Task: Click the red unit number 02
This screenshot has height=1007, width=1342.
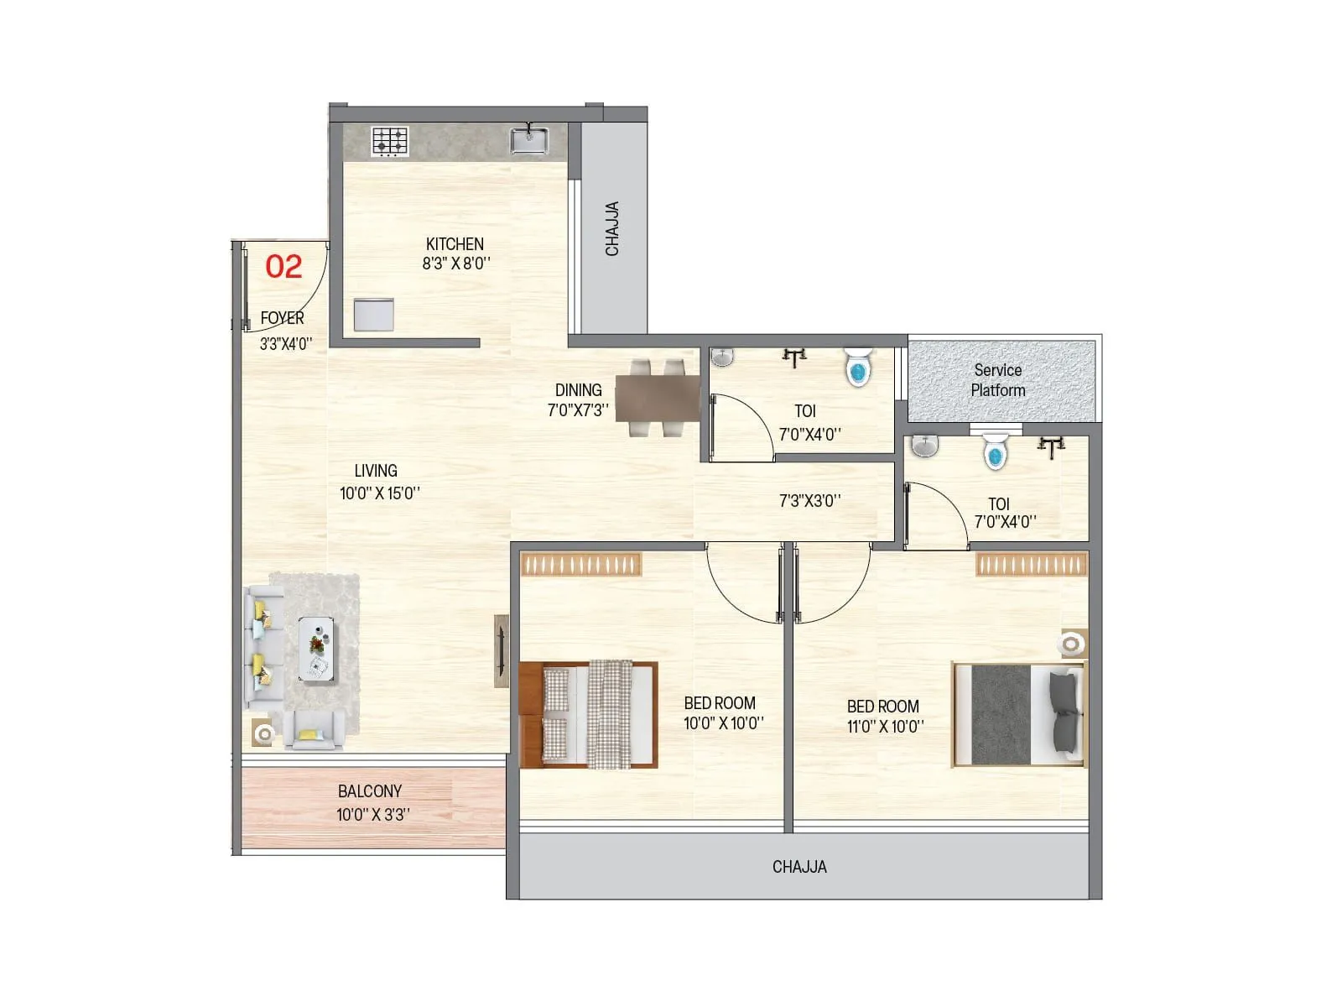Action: tap(283, 267)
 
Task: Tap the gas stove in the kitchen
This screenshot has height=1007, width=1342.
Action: tap(390, 141)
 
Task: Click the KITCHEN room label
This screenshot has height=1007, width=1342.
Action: tap(455, 244)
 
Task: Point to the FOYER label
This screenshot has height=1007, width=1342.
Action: tap(282, 319)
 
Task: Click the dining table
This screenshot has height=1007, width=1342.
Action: tap(658, 398)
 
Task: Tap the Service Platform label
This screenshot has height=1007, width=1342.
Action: tap(998, 380)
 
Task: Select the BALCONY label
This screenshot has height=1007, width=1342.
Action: tap(370, 791)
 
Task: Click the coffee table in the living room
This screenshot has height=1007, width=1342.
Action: tap(316, 649)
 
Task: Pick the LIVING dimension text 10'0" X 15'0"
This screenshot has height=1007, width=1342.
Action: tap(379, 493)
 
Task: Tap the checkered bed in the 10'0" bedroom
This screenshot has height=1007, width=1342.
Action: tap(588, 714)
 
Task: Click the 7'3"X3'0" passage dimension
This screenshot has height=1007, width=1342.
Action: tap(809, 501)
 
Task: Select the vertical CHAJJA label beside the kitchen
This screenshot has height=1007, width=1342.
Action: tap(612, 228)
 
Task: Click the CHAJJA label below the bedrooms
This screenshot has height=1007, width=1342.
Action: tap(799, 867)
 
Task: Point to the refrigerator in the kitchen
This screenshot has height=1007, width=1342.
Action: tap(374, 315)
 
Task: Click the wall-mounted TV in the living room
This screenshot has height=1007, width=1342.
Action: tap(501, 651)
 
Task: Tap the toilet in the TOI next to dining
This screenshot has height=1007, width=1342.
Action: tap(858, 367)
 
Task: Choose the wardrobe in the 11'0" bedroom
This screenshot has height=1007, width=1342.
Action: tap(1032, 564)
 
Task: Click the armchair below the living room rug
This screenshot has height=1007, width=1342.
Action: tap(313, 731)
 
